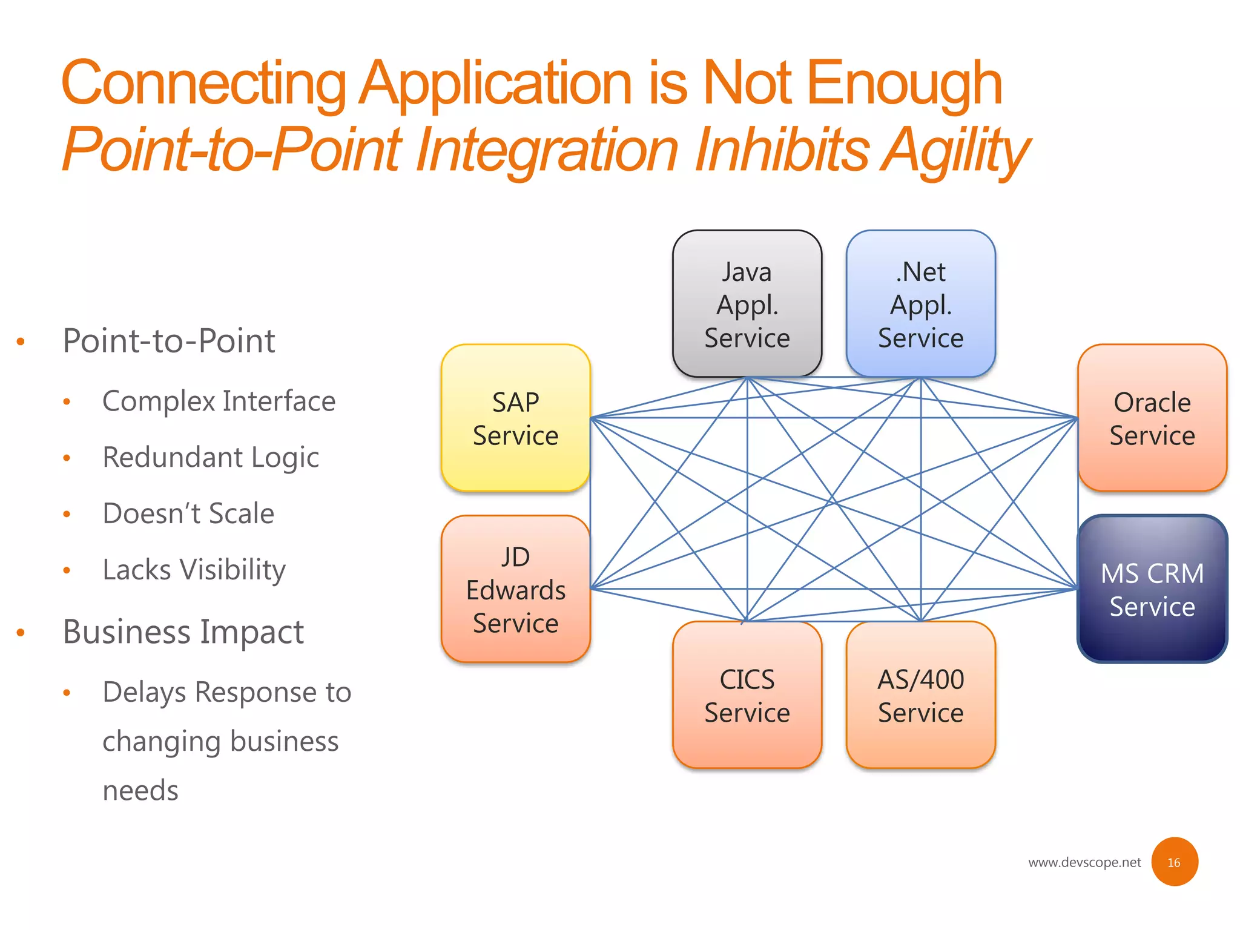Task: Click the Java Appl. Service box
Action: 747,304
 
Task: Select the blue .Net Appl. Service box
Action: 920,304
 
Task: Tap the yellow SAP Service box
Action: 515,418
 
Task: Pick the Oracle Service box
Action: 1152,418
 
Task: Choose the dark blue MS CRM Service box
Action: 1152,589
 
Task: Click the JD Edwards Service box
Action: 515,589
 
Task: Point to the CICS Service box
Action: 747,695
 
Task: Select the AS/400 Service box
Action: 920,695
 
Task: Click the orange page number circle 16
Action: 1174,862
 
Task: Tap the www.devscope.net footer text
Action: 1084,862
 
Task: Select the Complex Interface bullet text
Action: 219,401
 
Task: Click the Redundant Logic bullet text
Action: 210,458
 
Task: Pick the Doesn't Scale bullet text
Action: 188,513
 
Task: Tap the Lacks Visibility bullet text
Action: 194,570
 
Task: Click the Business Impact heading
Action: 183,632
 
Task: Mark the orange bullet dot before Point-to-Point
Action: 21,342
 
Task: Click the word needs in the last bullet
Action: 140,791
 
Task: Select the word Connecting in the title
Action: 203,83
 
